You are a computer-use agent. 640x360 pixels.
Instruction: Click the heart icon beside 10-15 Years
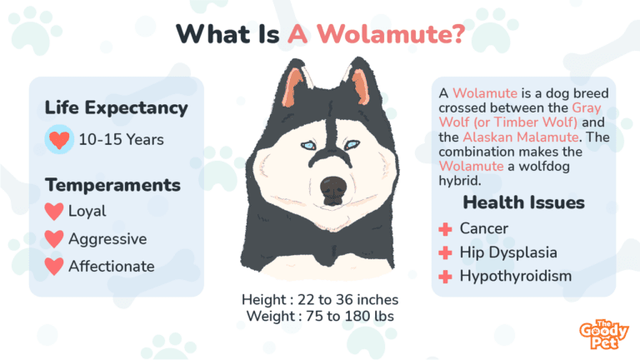point(58,140)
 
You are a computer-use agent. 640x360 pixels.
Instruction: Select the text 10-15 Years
point(122,140)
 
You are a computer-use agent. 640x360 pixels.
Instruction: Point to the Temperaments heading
point(112,184)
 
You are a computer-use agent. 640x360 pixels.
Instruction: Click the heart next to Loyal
point(54,212)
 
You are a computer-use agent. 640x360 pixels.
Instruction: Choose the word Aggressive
point(107,239)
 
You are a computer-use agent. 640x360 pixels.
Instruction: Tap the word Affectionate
point(112,267)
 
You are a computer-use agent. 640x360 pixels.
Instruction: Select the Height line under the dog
point(320,299)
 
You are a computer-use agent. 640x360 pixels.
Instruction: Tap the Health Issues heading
point(523,202)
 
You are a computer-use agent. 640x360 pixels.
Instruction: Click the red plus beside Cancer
point(446,228)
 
